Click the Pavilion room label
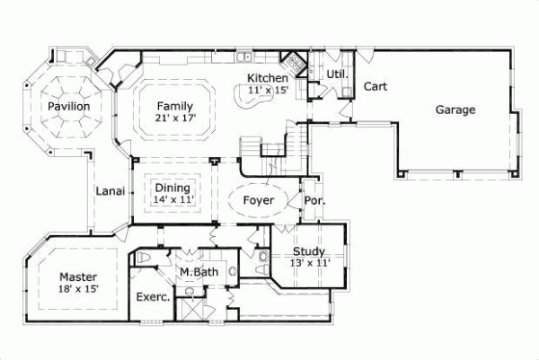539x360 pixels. (69, 106)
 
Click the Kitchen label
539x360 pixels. (267, 78)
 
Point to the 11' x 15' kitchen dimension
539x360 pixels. (267, 90)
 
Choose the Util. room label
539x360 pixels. (337, 74)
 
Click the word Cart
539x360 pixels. (375, 87)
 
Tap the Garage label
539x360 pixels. (455, 110)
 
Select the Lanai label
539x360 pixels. (110, 190)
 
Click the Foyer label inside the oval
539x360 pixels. (260, 199)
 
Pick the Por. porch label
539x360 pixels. (314, 200)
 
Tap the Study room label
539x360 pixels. (308, 251)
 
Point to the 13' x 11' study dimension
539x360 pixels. (308, 263)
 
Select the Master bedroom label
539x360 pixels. (79, 277)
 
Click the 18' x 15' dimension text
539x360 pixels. (79, 289)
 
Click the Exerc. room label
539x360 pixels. (153, 296)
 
